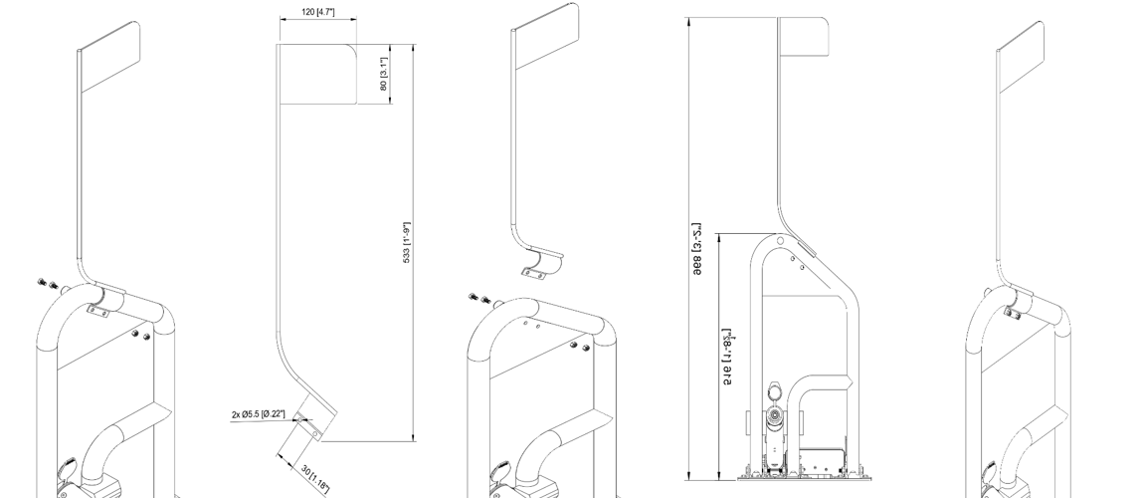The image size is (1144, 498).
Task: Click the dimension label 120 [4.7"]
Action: click(x=317, y=11)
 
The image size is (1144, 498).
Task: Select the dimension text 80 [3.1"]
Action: click(x=384, y=74)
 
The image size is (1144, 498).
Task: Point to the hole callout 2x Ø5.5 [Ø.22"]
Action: click(x=258, y=414)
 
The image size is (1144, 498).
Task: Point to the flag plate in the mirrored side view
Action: click(x=804, y=40)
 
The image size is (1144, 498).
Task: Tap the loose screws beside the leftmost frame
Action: click(x=47, y=283)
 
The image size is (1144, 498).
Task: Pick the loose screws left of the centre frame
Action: click(x=477, y=298)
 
